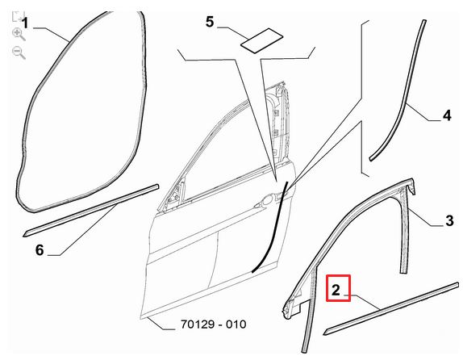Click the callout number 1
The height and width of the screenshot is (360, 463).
click(x=26, y=23)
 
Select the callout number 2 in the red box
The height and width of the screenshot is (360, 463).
click(x=336, y=290)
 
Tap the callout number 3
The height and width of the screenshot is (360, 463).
click(x=449, y=220)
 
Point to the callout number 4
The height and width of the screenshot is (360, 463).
click(x=447, y=115)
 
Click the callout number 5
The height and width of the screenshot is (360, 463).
click(x=210, y=22)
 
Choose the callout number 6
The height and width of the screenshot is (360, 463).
click(x=40, y=250)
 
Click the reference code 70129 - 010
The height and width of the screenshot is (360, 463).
click(x=213, y=324)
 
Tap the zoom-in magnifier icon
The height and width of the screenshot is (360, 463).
click(x=19, y=34)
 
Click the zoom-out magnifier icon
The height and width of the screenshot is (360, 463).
click(x=19, y=53)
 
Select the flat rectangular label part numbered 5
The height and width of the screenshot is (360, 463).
click(x=261, y=41)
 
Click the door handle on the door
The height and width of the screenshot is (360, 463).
click(x=265, y=201)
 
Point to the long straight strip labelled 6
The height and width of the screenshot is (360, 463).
click(x=91, y=211)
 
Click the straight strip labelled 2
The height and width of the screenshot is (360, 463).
click(x=391, y=308)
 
